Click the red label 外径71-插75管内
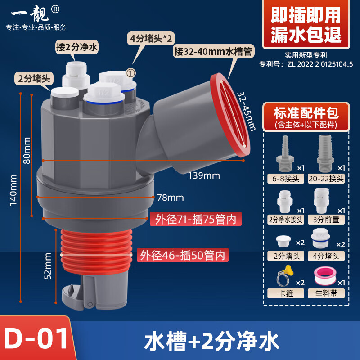click(x=196, y=220)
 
